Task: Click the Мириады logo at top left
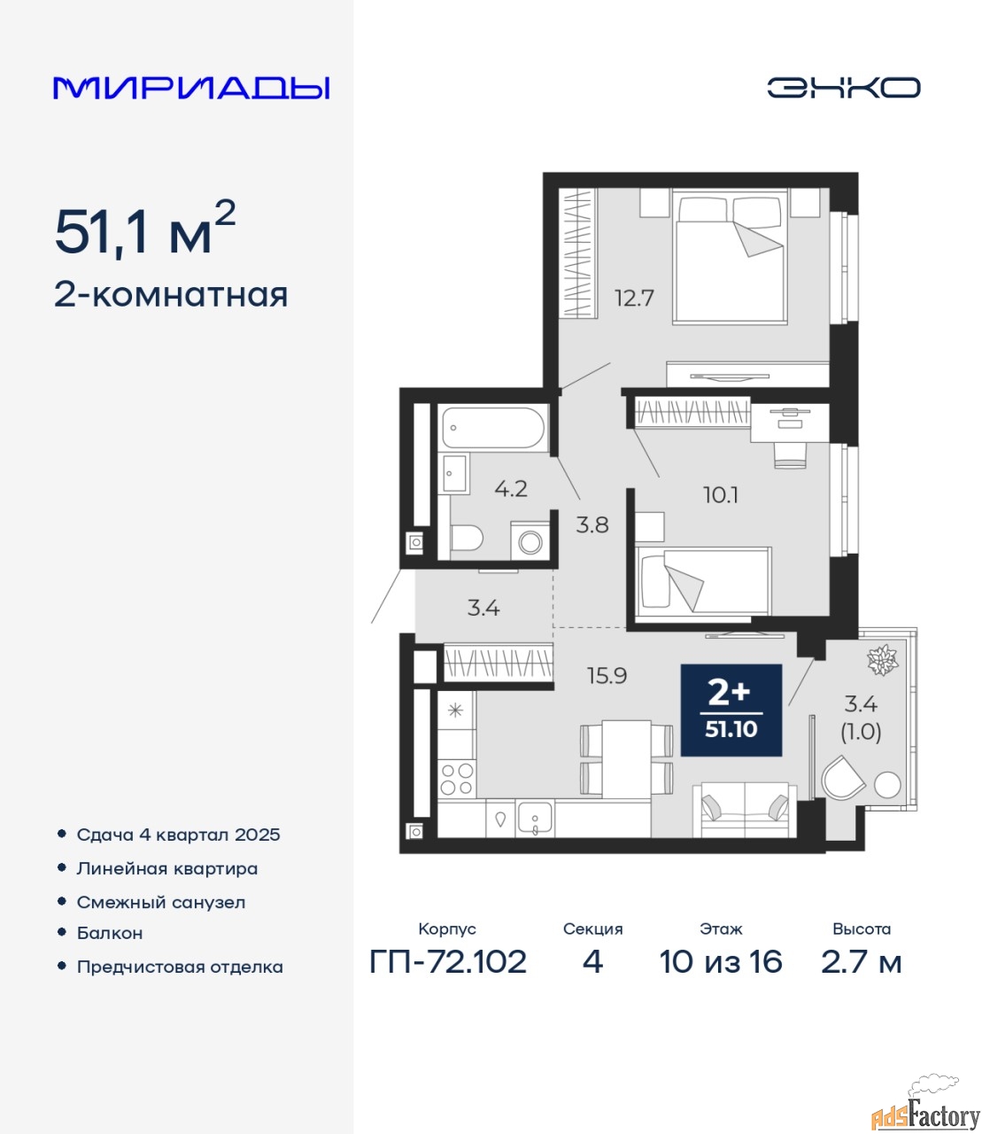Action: point(191,88)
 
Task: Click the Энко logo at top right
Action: point(843,88)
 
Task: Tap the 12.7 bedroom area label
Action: point(634,299)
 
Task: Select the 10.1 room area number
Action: point(721,495)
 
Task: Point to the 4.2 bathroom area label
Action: point(511,488)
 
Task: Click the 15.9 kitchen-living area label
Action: point(607,676)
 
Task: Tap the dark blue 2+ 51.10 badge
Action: point(731,710)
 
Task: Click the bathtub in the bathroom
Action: point(493,428)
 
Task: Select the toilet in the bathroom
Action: point(466,538)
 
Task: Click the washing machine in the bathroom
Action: point(530,541)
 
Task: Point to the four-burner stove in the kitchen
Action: point(457,779)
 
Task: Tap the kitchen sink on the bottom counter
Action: point(536,819)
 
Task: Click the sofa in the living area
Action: point(745,811)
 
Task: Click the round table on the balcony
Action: point(887,785)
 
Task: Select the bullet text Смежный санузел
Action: point(160,902)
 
